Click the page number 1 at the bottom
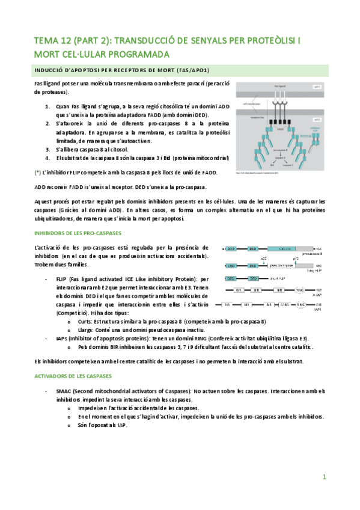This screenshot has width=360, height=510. click(324, 477)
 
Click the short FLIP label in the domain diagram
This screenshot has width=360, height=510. click(278, 278)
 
